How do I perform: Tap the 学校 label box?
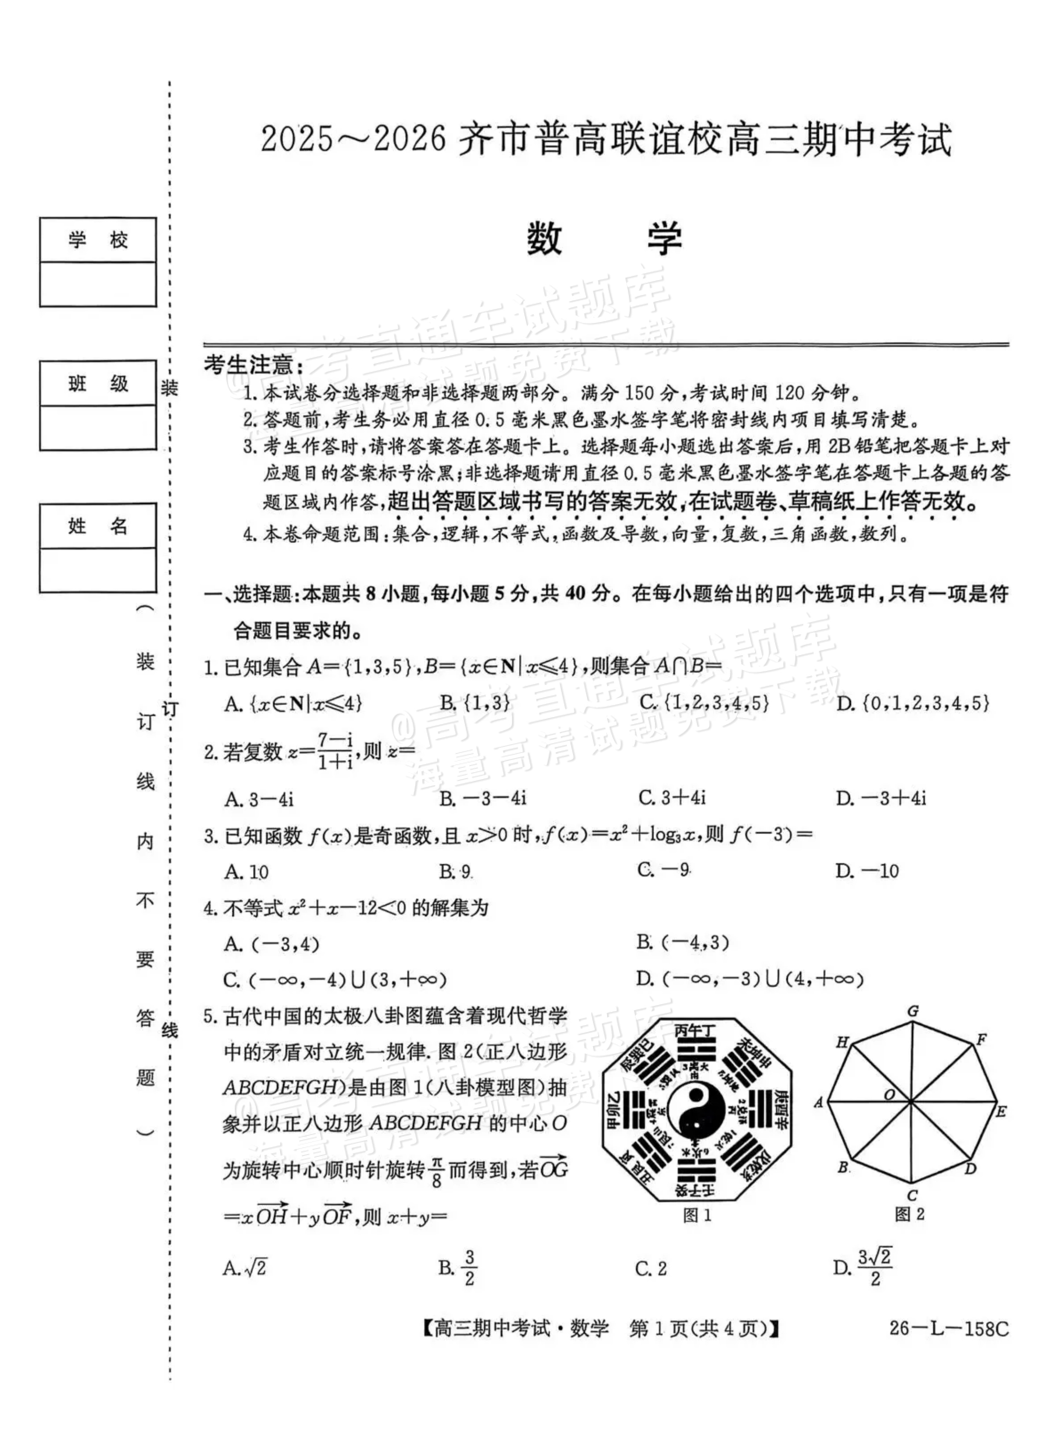click(x=98, y=240)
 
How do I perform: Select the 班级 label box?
click(x=98, y=383)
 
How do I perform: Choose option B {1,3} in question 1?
click(x=475, y=704)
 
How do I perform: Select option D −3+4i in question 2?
click(x=880, y=798)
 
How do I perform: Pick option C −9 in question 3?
click(x=663, y=870)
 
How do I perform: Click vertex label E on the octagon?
click(x=1001, y=1111)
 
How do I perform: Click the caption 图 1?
click(x=697, y=1215)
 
